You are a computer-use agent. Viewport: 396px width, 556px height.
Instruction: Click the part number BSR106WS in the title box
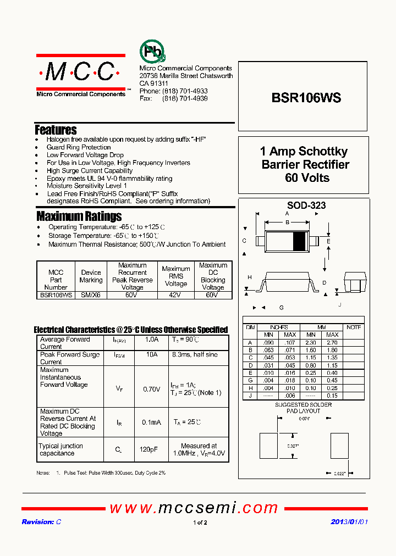pos(306,98)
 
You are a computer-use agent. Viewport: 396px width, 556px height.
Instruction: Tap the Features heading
pos(56,130)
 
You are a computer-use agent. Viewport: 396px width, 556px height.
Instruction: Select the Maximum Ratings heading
pos(79,216)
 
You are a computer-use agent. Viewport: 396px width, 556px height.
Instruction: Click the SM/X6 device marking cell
pos(91,295)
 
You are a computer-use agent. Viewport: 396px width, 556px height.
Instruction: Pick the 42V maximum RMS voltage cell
pos(175,295)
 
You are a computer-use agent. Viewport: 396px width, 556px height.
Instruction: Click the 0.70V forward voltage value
pos(151,389)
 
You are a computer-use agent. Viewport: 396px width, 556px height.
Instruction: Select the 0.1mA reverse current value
pos(151,422)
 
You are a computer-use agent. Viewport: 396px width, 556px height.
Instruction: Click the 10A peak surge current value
pos(152,355)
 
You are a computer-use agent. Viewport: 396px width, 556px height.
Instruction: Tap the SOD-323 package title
pos(306,205)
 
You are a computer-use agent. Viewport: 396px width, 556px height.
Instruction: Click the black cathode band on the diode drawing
pos(300,241)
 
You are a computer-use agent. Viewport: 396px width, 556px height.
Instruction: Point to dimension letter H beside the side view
pos(249,277)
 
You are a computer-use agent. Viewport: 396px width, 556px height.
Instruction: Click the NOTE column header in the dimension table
pos(354,327)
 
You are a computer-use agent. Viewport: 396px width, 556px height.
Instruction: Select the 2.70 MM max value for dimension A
pos(332,342)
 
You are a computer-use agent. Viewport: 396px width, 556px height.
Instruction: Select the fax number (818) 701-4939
pos(185,98)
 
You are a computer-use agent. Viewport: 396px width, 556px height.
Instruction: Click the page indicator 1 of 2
pos(200,522)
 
